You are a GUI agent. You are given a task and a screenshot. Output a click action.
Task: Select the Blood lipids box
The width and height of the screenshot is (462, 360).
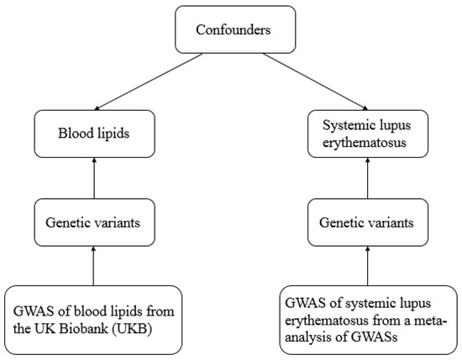pos(92,131)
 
